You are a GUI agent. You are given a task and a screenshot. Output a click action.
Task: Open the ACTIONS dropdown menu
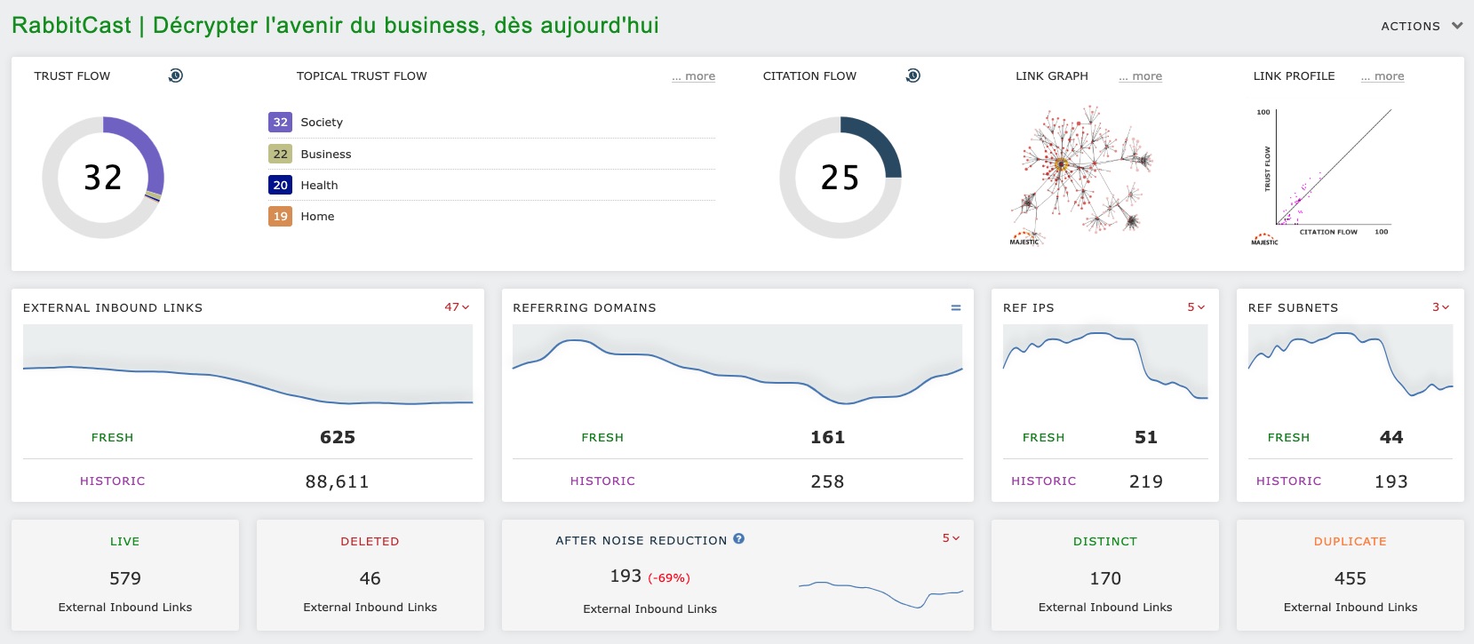coord(1421,27)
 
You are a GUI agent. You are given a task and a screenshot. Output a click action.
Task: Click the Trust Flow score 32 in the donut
coord(103,178)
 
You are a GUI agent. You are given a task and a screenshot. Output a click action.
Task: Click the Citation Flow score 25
coord(840,178)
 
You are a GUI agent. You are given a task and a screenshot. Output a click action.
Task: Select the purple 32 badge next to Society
coord(280,123)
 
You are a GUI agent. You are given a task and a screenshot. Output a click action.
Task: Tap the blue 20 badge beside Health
coord(280,185)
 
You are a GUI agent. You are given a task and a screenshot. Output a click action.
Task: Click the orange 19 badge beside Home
coord(280,216)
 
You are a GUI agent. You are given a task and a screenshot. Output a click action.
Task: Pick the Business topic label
coord(325,154)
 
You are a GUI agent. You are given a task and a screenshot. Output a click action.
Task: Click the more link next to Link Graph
coord(1141,76)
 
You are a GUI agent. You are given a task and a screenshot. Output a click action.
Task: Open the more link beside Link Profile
coord(1382,76)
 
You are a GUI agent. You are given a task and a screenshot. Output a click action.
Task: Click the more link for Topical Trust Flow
coord(694,76)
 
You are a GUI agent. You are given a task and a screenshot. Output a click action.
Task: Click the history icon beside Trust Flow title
coord(176,76)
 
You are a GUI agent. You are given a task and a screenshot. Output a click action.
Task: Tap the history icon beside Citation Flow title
coord(913,76)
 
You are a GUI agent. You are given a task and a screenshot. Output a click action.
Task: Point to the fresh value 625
coord(338,437)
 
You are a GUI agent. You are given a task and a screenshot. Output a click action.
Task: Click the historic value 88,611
coord(337,481)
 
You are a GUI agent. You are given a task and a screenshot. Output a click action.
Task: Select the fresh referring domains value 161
coord(827,437)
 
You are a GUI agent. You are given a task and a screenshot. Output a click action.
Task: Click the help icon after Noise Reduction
coord(739,539)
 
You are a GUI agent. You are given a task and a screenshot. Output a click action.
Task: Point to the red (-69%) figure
coord(669,578)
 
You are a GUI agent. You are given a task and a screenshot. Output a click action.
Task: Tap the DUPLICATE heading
coord(1350,541)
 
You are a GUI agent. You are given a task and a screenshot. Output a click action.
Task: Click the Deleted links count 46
coord(370,578)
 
